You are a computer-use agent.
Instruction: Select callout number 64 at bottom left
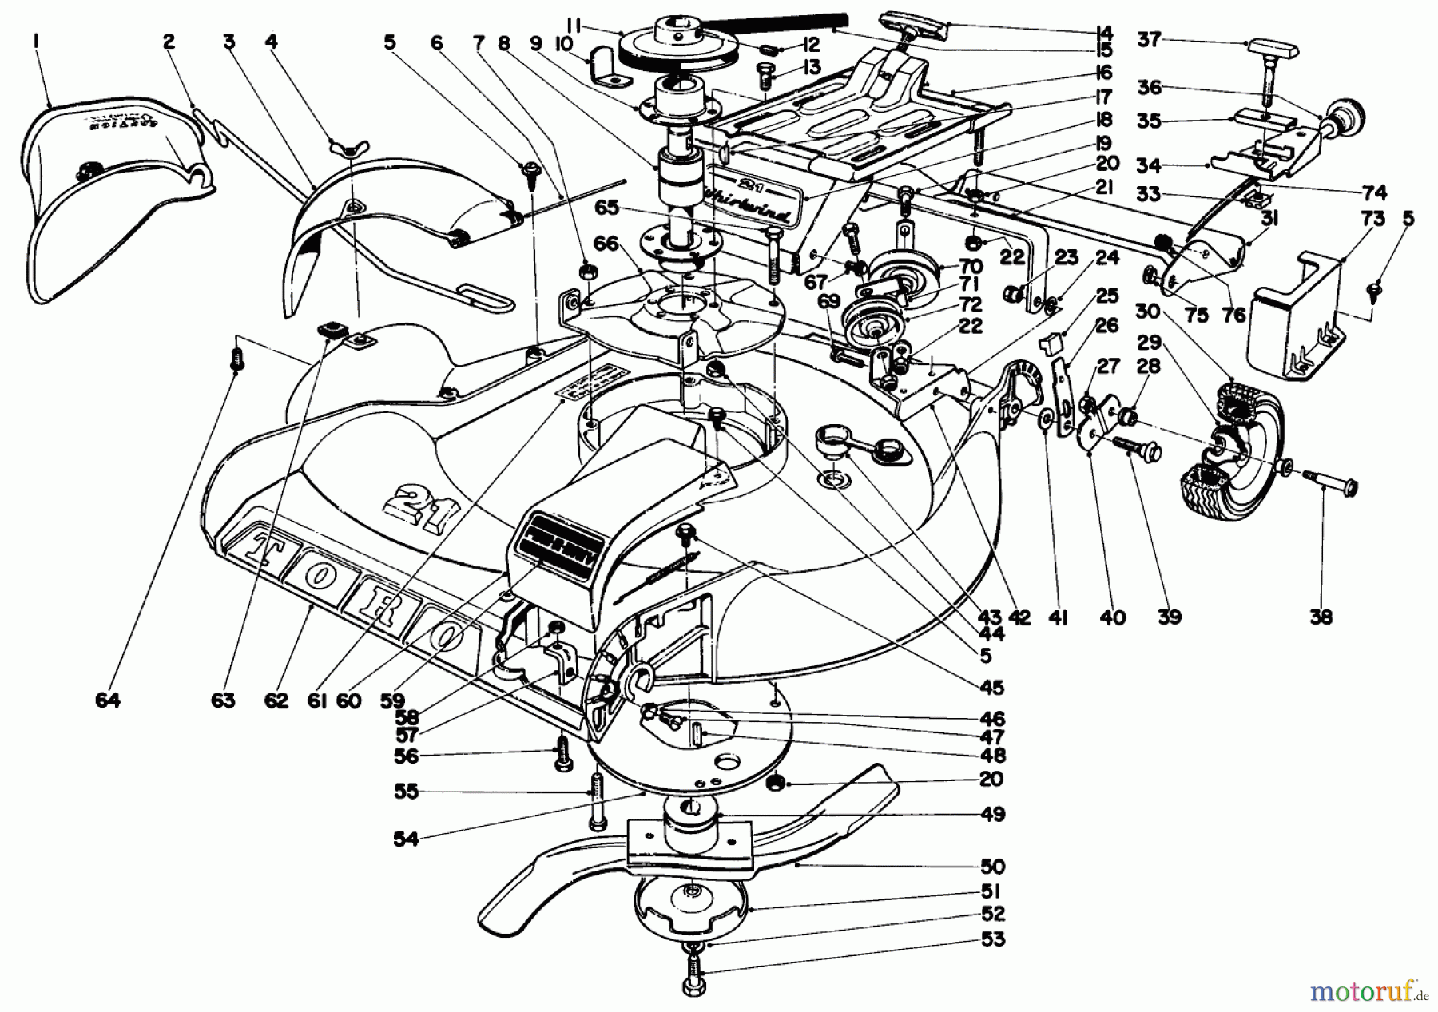(108, 700)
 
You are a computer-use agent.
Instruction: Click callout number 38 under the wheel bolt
(1321, 617)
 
